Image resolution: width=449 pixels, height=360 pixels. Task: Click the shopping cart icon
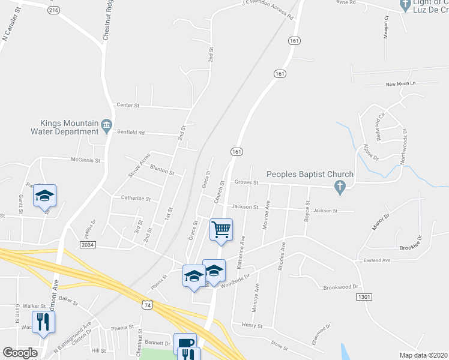(x=221, y=229)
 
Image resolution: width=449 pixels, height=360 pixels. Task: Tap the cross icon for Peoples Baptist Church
(x=340, y=187)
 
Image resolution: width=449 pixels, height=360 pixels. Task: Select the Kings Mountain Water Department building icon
(x=107, y=125)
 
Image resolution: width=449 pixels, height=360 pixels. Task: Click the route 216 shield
(x=53, y=10)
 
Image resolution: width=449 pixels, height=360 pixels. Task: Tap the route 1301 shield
(x=363, y=297)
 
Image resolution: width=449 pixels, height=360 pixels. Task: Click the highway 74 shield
(x=148, y=305)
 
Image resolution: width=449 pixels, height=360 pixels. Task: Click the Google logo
(x=20, y=353)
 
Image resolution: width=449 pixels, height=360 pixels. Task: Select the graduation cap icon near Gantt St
(x=44, y=195)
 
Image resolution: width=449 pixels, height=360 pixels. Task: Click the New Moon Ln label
(x=400, y=84)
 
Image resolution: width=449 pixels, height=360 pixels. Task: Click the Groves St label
(x=246, y=182)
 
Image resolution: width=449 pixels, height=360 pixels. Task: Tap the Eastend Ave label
(x=377, y=260)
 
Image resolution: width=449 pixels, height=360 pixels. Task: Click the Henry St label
(x=253, y=325)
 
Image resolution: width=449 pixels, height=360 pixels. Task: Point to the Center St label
(x=128, y=106)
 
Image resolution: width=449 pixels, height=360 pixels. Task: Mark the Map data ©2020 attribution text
(x=423, y=355)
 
